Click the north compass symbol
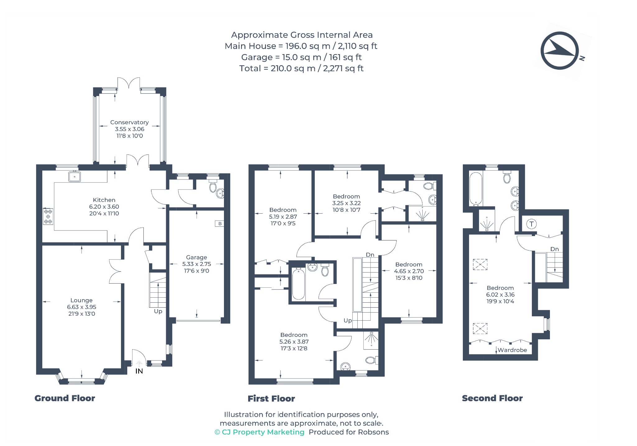click(x=560, y=50)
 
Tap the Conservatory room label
click(x=129, y=122)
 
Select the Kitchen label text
click(x=104, y=200)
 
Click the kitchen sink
click(x=75, y=176)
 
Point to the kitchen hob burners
click(x=48, y=216)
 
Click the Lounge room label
click(x=81, y=300)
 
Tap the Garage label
click(x=197, y=257)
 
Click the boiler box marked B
click(x=220, y=223)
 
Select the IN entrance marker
click(x=139, y=371)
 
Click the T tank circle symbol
click(x=532, y=224)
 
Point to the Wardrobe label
click(x=512, y=350)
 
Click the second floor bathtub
click(x=476, y=189)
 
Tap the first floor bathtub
click(x=299, y=284)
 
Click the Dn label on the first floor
click(x=370, y=255)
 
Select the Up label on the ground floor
click(x=158, y=311)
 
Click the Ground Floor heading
click(x=65, y=398)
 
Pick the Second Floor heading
click(x=492, y=398)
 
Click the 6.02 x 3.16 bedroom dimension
click(x=500, y=295)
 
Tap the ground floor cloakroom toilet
click(x=213, y=185)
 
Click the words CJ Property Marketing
click(x=263, y=432)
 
